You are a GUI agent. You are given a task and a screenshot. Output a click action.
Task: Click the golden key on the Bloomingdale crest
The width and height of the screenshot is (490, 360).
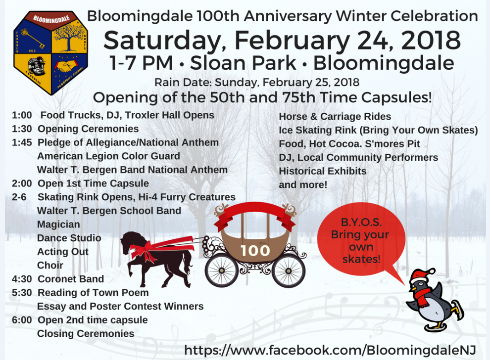coord(33,39)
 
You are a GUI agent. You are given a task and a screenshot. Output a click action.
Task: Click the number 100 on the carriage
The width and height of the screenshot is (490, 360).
coord(255,250)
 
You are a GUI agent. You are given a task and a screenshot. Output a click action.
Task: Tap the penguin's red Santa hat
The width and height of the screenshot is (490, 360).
coord(421,275)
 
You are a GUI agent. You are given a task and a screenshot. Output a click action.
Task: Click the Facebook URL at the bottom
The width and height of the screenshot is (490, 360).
coord(330,350)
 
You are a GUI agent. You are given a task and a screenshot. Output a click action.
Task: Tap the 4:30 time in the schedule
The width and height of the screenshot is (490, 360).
coord(22,279)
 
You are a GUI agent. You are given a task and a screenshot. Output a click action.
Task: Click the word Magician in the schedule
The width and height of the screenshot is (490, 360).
coord(58,225)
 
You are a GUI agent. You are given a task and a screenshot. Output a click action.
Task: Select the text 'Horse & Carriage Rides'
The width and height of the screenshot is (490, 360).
coord(335,117)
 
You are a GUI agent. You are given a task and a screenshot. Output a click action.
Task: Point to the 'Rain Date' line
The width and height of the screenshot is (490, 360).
coord(257,82)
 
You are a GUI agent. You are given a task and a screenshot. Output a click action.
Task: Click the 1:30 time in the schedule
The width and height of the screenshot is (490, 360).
coord(22,129)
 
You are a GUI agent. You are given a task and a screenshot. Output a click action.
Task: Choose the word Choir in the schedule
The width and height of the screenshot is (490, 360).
coord(50,266)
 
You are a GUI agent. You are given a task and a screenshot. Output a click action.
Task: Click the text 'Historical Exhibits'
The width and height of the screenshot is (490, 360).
coord(323,171)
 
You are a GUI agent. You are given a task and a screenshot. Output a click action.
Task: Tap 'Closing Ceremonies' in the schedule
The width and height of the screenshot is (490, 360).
coord(86,333)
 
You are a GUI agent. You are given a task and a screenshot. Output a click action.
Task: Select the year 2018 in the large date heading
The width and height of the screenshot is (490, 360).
coord(431,40)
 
